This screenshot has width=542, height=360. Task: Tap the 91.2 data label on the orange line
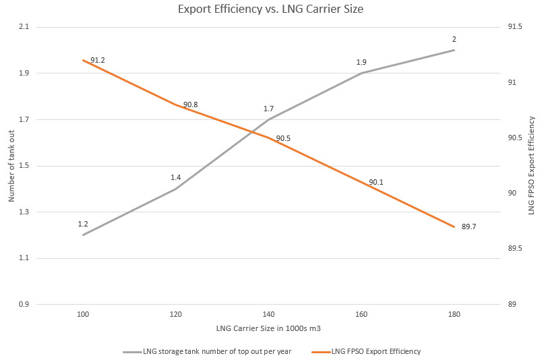click(98, 61)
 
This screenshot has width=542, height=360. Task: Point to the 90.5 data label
click(283, 139)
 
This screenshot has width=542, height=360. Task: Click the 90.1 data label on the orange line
click(375, 182)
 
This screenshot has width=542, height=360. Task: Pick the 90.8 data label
click(190, 105)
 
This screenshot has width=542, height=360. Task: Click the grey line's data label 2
click(454, 39)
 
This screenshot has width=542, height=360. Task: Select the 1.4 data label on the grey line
click(176, 177)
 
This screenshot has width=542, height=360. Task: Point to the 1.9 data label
click(361, 62)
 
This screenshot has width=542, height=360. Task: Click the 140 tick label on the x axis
click(269, 315)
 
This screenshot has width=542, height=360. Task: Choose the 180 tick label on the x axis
click(454, 315)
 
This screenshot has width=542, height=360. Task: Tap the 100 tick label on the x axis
click(83, 315)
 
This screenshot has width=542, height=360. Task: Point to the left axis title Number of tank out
click(11, 166)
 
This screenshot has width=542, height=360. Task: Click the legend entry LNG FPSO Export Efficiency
click(368, 351)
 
